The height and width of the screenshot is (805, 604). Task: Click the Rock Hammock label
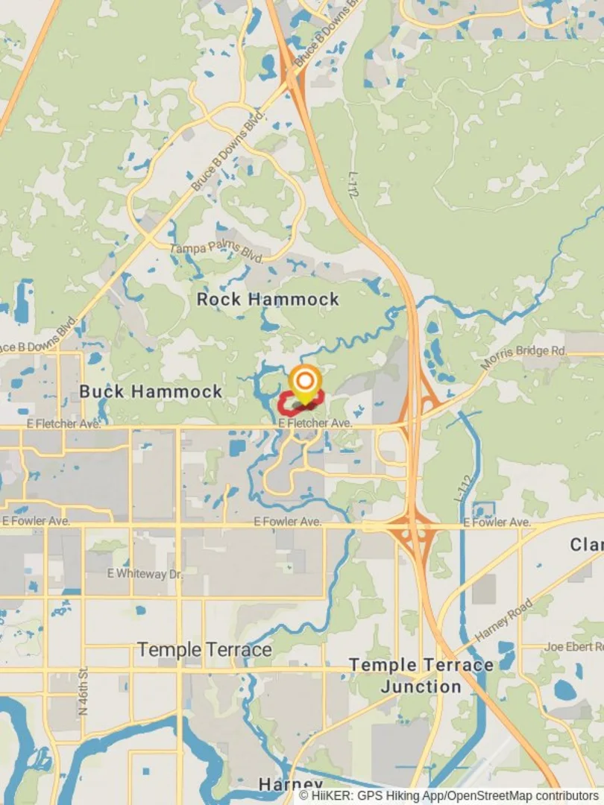pos(268,300)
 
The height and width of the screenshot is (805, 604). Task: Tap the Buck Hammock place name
pos(151,391)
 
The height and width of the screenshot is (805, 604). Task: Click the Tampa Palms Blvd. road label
pos(216,253)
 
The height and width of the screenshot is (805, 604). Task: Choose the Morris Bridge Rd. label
pos(524,356)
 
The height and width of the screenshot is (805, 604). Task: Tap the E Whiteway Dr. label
pos(144,573)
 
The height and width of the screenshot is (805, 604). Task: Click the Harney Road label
pos(504,620)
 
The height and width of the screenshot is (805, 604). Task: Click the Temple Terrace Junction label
pos(421,675)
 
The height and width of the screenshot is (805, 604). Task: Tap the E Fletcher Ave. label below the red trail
pos(315,423)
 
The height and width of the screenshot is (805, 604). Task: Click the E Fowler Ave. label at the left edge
pos(36,521)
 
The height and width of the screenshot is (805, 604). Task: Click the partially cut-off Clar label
pos(586,545)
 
